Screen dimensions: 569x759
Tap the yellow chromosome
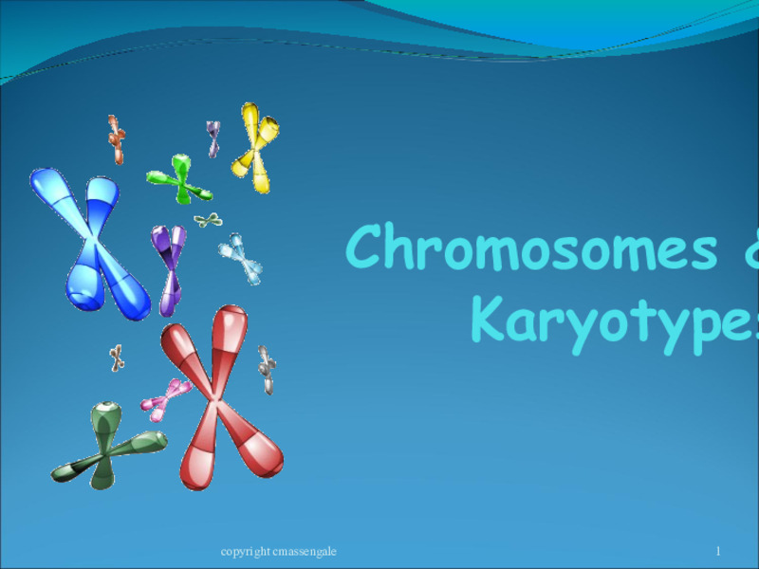(254, 147)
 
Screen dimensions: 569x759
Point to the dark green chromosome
(104, 444)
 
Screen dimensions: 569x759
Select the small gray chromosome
(268, 369)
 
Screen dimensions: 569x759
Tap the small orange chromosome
(116, 139)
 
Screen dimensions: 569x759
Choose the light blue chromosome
(241, 258)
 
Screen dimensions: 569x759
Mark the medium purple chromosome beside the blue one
(170, 266)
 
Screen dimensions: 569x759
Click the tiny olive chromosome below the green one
(208, 221)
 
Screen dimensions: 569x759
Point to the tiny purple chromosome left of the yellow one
(213, 138)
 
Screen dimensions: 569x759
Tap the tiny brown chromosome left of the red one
(116, 358)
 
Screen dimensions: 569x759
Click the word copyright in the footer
(242, 551)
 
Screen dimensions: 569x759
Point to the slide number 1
(718, 551)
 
